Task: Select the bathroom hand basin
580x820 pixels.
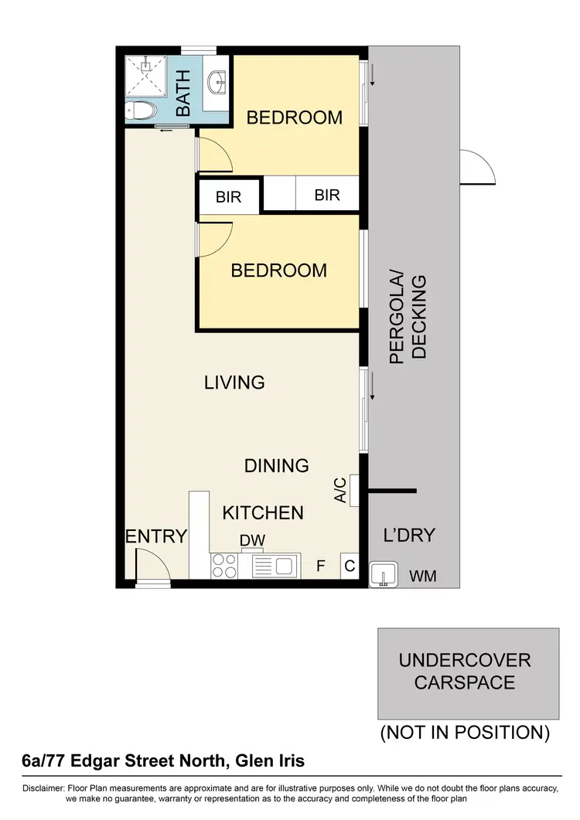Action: point(217,80)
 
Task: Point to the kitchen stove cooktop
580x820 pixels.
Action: point(223,566)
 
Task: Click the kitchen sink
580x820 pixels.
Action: point(275,566)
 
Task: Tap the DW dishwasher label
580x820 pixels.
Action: point(252,540)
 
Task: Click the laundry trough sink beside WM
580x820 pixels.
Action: point(384,576)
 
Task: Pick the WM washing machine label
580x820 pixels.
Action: point(422,576)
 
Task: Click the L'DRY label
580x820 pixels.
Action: point(409,535)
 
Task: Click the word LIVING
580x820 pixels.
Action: point(234,382)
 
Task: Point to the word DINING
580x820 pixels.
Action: point(277,465)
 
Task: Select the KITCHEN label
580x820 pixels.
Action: point(263,512)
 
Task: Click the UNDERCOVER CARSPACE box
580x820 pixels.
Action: point(468,673)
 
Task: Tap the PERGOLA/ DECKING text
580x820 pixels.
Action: point(408,316)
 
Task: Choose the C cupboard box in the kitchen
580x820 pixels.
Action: point(350,567)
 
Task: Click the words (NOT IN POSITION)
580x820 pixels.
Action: point(465,733)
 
